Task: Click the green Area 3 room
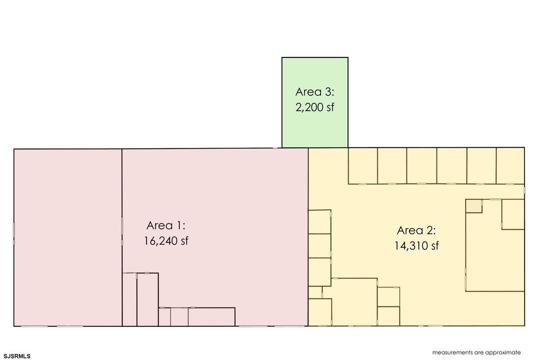point(315,103)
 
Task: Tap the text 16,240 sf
point(166,240)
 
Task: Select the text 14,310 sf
point(417,246)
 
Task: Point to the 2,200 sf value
point(315,107)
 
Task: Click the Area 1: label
point(166,226)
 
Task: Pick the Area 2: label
point(417,230)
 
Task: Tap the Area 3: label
point(315,92)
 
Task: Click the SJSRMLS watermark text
point(17,356)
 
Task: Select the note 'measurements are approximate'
point(477,353)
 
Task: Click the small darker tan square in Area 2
point(474,206)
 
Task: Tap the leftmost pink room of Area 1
point(68,238)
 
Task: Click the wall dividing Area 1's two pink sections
point(122,238)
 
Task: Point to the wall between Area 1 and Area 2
point(308,237)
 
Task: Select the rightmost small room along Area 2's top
point(510,166)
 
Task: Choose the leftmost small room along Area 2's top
point(363,166)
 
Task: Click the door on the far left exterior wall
point(14,234)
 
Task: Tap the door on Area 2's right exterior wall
point(525,190)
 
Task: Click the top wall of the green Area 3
point(315,57)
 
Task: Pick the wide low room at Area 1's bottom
point(212,317)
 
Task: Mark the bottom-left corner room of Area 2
point(320,312)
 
